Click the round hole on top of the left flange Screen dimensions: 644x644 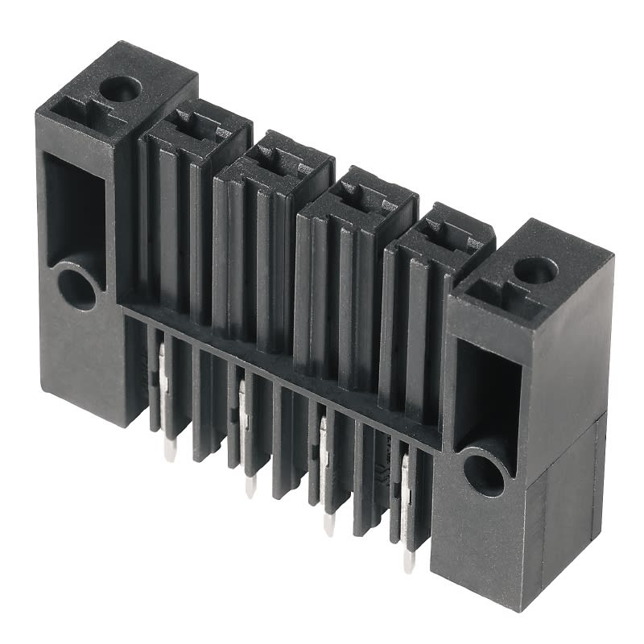(x=121, y=89)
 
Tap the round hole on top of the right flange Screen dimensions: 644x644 (x=534, y=271)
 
